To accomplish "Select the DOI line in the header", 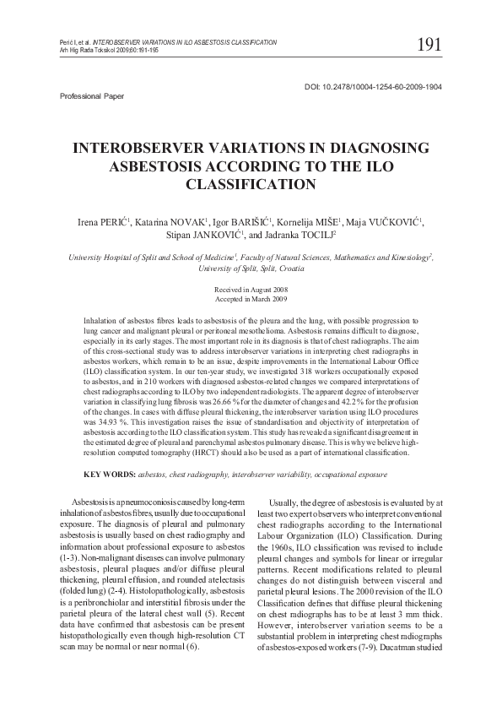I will (x=372, y=87).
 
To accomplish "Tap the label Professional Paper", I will (x=91, y=96).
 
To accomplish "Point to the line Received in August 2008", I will (x=250, y=290).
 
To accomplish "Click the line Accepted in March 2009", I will (x=250, y=299).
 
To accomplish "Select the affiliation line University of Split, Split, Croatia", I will (x=250, y=268).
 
